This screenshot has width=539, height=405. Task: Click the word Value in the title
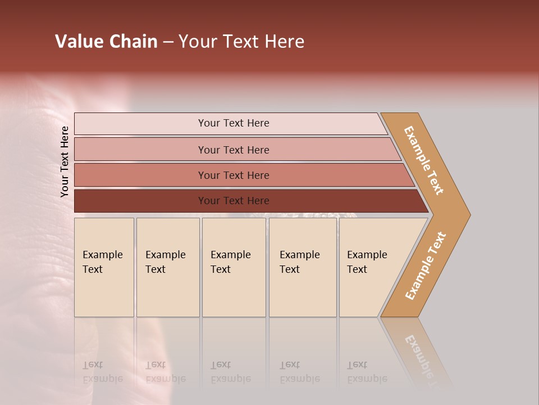click(x=79, y=42)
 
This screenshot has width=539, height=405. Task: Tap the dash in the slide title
click(x=168, y=42)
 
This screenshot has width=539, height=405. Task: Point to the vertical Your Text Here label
click(x=65, y=161)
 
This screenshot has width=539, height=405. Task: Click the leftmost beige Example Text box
click(x=104, y=267)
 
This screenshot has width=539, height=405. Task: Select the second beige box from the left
click(x=168, y=267)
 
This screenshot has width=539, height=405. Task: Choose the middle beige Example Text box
click(x=234, y=267)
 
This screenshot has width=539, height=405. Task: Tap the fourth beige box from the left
click(x=303, y=267)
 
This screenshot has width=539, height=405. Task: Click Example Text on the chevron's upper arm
click(x=424, y=160)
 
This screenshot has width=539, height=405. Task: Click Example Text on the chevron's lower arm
click(x=425, y=266)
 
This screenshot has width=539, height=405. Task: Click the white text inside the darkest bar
click(x=234, y=201)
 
